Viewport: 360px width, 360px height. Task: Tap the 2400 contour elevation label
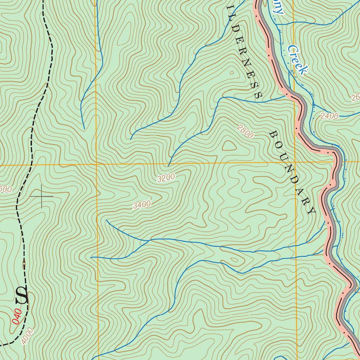[329, 116]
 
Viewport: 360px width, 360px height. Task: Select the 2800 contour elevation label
[245, 131]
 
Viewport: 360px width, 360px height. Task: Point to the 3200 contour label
[166, 178]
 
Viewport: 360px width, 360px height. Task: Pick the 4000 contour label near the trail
[27, 336]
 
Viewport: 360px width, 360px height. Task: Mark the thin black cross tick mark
[41, 196]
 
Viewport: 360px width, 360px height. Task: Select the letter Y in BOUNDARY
[311, 211]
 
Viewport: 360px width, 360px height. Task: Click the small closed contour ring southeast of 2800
[229, 145]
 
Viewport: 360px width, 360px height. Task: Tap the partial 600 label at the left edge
[6, 189]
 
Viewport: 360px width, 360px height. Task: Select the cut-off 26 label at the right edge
[355, 98]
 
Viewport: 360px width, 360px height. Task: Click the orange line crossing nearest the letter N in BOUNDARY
[295, 162]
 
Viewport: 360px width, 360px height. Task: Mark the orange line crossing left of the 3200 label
[96, 164]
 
